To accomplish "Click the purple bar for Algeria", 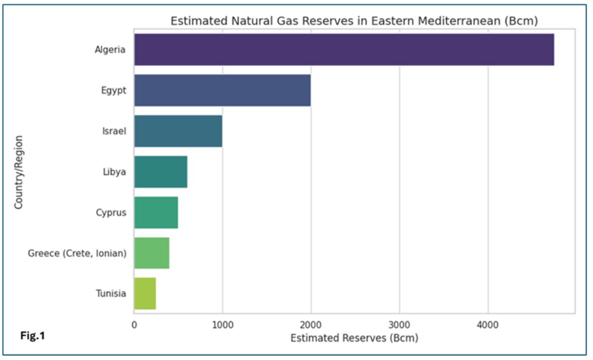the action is (x=344, y=50).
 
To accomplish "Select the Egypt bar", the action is (x=222, y=90).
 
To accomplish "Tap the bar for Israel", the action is (x=178, y=131).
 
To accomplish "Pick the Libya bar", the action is (x=161, y=171).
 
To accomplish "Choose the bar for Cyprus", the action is (x=156, y=212).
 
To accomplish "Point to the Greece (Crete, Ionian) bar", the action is (x=152, y=253).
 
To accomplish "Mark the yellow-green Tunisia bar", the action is (x=145, y=294).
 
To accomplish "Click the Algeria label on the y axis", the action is (x=110, y=50).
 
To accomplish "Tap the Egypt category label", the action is (x=113, y=91).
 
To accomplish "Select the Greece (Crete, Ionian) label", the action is (x=77, y=253).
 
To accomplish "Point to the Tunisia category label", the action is (x=111, y=294).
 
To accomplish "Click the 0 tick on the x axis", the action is (x=134, y=325).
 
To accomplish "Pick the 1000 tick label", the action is (x=222, y=325).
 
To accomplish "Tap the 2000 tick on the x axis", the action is (x=311, y=325).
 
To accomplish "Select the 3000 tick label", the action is (x=399, y=325).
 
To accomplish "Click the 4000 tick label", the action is (x=488, y=325).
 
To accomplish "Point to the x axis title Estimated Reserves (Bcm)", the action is (x=355, y=338).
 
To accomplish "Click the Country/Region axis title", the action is (x=19, y=172).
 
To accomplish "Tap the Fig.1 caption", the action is (x=33, y=336).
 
